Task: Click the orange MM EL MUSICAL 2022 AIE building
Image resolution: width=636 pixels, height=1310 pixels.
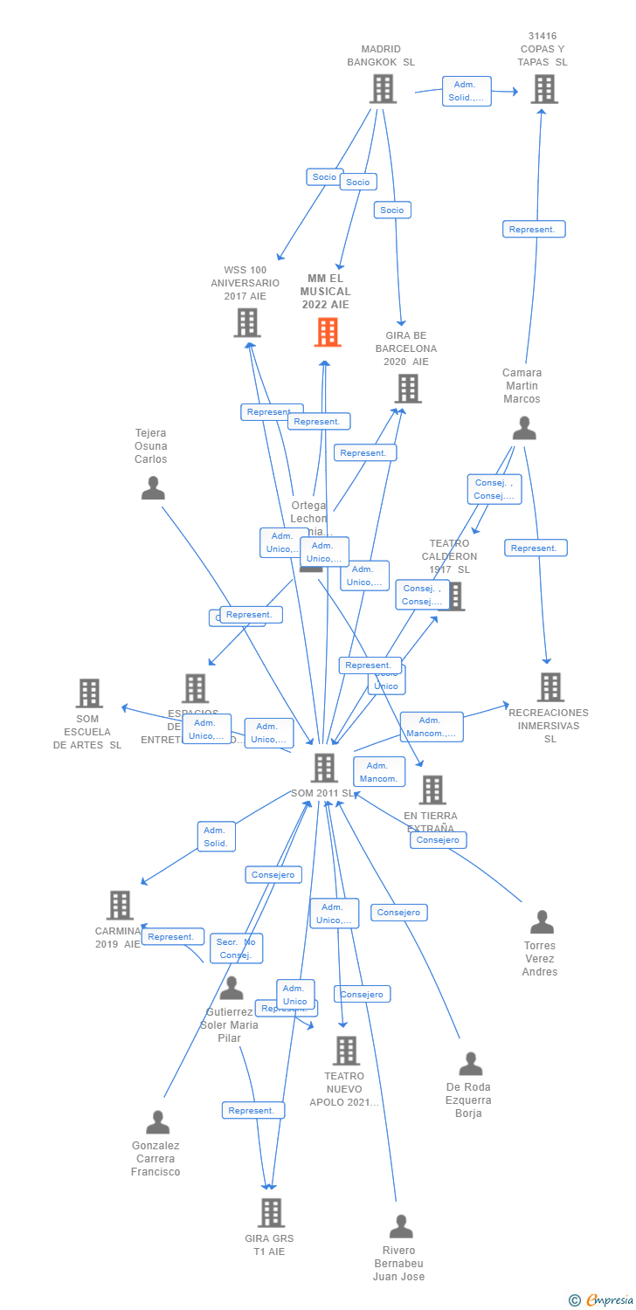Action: click(328, 332)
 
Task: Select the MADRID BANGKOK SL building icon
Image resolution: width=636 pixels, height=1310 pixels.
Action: click(383, 88)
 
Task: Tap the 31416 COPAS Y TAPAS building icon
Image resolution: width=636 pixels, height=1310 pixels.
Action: click(543, 88)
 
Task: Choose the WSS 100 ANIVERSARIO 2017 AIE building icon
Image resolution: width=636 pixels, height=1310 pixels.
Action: click(247, 322)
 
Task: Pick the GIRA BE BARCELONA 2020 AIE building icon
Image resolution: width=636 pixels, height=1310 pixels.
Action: click(407, 388)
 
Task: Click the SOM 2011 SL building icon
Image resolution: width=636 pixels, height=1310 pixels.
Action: click(324, 768)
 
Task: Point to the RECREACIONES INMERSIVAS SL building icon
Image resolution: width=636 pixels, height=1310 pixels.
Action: click(550, 686)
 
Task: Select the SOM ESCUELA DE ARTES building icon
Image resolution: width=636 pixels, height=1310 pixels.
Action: click(89, 693)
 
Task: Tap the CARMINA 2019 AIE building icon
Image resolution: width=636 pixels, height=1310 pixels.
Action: click(120, 905)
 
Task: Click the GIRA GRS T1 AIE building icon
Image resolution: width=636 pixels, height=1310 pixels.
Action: click(271, 1212)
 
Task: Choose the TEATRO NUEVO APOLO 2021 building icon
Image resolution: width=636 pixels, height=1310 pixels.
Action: click(346, 1050)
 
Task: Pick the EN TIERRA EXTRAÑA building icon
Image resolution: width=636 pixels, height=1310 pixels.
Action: click(432, 789)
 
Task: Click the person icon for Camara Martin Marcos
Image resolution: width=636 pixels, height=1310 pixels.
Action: click(524, 428)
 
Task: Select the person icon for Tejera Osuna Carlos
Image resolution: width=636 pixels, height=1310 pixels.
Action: click(153, 488)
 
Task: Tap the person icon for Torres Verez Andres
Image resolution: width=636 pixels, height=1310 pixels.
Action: click(542, 921)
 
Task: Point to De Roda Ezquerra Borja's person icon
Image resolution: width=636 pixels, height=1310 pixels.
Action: click(470, 1064)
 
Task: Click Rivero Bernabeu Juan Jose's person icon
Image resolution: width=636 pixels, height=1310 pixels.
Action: click(400, 1226)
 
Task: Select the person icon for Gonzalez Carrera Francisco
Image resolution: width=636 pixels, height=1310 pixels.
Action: click(157, 1121)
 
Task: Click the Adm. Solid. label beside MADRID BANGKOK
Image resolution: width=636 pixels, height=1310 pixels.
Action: click(467, 91)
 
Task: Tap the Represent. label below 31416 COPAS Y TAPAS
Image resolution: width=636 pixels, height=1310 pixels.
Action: click(534, 230)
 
